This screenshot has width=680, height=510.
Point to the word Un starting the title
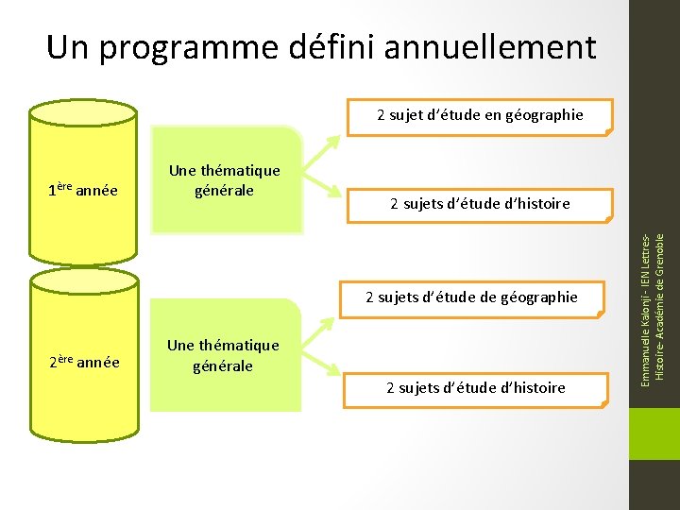(x=68, y=46)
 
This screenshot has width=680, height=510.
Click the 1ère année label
(x=83, y=190)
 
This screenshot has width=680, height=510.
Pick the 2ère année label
(x=84, y=361)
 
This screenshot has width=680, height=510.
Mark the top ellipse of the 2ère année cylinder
(x=83, y=280)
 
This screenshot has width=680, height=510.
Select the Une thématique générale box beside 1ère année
(x=225, y=180)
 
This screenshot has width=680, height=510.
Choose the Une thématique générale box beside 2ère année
(x=224, y=355)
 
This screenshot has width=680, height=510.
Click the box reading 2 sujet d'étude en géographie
(x=480, y=115)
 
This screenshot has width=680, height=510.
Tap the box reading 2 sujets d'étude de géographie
(x=471, y=297)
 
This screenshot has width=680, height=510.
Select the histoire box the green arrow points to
(x=480, y=204)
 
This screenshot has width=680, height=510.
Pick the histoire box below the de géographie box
(x=475, y=387)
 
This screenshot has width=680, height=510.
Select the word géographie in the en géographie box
(x=544, y=115)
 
